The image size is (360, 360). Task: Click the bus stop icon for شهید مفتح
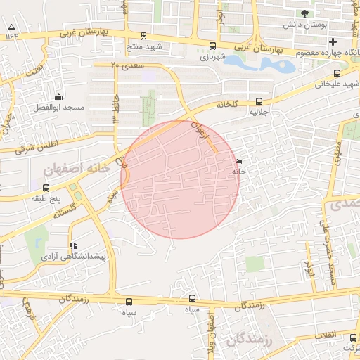[144, 35]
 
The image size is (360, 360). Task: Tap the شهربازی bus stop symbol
[212, 46]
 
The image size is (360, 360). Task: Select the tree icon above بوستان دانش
[304, 13]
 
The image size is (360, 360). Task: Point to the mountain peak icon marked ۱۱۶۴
[11, 28]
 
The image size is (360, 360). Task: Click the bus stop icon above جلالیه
[259, 101]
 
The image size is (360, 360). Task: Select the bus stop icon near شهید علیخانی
[337, 72]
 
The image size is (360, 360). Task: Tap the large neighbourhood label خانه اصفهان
[77, 169]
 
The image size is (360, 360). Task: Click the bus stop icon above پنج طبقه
[46, 188]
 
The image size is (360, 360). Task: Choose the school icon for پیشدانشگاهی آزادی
[74, 246]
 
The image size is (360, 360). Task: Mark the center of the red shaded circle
[180, 179]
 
